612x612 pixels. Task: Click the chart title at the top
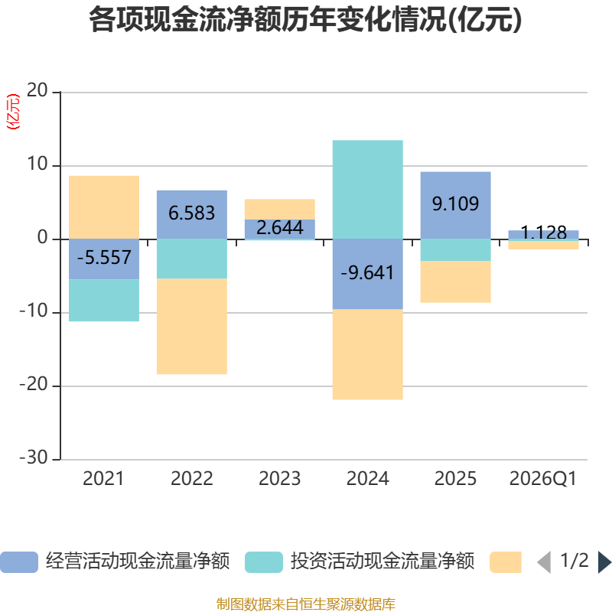[x=305, y=20]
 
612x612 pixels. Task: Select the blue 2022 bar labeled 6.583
[x=192, y=215]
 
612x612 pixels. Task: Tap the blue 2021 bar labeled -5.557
[x=104, y=259]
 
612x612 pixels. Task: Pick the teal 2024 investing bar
[x=368, y=189]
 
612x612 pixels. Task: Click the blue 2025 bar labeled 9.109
[x=455, y=205]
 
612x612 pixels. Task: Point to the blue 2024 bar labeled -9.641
[x=368, y=274]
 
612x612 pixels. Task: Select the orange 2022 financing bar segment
[x=192, y=327]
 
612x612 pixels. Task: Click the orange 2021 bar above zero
[x=104, y=207]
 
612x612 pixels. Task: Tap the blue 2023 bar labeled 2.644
[x=280, y=229]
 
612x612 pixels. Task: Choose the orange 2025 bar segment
[x=455, y=282]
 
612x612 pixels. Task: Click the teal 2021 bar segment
[x=104, y=301]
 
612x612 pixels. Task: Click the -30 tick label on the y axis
[x=34, y=457]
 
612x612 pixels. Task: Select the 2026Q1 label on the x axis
[x=543, y=479]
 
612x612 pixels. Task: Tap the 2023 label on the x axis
[x=280, y=479]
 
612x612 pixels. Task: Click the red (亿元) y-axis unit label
[x=13, y=112]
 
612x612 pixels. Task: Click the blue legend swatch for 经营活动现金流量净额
[x=19, y=562]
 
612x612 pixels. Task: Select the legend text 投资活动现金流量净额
[x=382, y=562]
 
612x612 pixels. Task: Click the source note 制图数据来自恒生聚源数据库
[x=306, y=604]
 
